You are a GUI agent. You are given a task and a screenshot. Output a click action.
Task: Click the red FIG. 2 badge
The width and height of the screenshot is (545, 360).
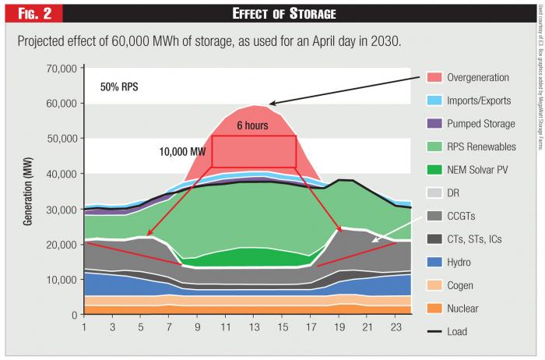pyautogui.click(x=31, y=12)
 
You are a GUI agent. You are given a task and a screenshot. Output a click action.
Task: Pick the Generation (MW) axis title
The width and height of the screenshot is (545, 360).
pyautogui.click(x=28, y=192)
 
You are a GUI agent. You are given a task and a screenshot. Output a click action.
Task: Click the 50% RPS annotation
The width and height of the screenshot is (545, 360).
pyautogui.click(x=118, y=86)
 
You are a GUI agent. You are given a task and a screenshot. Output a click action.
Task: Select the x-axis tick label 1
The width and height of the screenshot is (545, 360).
pyautogui.click(x=84, y=328)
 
